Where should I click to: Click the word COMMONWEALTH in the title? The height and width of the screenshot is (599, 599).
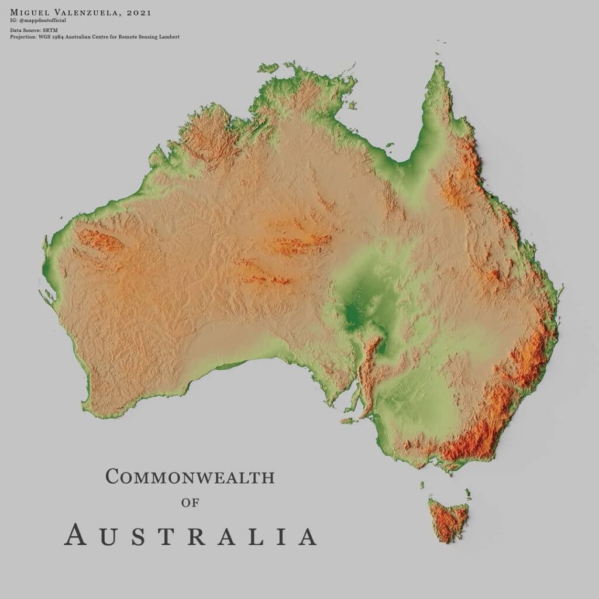pos(190,477)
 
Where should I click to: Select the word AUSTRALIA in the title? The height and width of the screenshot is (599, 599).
pos(191,535)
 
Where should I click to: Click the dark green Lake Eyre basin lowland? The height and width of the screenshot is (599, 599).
pos(354,313)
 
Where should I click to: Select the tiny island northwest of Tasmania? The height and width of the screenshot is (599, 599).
pos(421,484)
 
